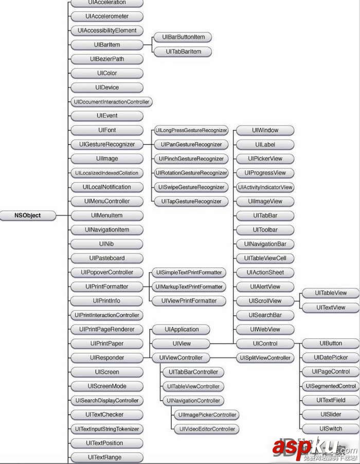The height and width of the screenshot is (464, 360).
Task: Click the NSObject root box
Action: point(28,216)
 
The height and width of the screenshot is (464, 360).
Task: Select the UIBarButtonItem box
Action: point(183,37)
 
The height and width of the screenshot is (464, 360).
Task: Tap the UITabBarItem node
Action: point(183,51)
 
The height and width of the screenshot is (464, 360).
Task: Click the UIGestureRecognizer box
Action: point(107,145)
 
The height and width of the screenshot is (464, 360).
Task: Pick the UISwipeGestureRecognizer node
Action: point(191,187)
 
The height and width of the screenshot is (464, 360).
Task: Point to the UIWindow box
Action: point(265,130)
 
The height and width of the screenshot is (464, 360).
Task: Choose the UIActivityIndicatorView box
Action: point(265,187)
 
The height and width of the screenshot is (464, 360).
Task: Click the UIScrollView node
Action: point(265,301)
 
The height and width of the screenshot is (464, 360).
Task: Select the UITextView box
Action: point(331,308)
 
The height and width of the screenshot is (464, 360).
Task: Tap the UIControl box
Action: point(265,344)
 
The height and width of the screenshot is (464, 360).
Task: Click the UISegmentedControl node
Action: point(331,386)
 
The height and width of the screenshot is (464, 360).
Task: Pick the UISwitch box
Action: point(331,429)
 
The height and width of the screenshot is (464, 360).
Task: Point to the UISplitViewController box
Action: point(265,358)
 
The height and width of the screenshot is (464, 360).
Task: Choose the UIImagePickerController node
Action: point(207,415)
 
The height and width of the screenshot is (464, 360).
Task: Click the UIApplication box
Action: point(181,329)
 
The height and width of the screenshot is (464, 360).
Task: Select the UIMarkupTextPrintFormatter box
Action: point(189,287)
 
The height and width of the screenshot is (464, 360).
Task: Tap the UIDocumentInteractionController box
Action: point(112,102)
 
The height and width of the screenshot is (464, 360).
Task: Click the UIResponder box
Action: point(107,358)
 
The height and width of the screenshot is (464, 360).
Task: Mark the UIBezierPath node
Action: point(107,59)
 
